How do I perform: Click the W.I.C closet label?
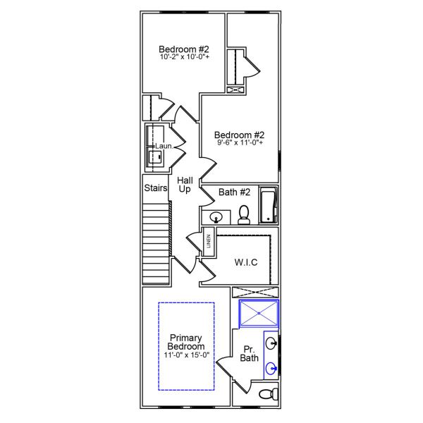[x=246, y=262]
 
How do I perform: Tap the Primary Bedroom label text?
[x=186, y=342]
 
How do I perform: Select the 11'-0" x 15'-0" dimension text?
[x=186, y=355]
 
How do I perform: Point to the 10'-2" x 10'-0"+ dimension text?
[x=183, y=57]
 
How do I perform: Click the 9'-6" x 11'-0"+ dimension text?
[x=239, y=143]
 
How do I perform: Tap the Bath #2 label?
[x=234, y=192]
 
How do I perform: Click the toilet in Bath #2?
[x=244, y=214]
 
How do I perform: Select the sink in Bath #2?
[x=216, y=216]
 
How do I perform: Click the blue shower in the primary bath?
[x=259, y=314]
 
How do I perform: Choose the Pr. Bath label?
[x=250, y=354]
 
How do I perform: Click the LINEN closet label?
[x=208, y=242]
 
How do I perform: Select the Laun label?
[x=163, y=146]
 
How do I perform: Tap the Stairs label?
[x=155, y=188]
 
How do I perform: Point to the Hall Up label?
[x=185, y=185]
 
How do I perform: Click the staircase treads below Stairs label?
[x=156, y=239]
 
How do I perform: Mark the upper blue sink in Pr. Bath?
[x=271, y=344]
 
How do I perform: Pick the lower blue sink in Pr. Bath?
[x=271, y=367]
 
